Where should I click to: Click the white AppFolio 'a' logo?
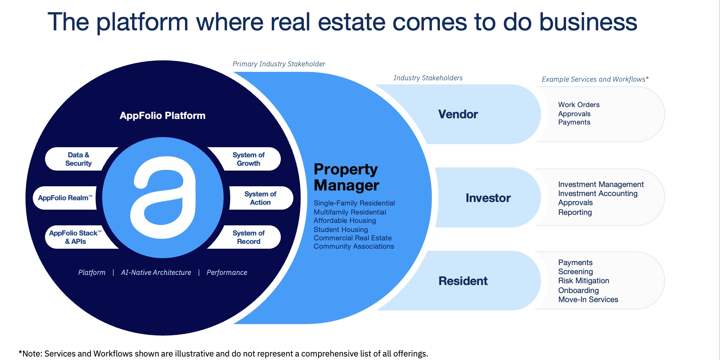(163, 197)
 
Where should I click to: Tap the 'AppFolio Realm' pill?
(65, 198)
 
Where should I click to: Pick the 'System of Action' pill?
(261, 198)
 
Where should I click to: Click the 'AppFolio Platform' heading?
(163, 115)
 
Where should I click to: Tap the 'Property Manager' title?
(346, 177)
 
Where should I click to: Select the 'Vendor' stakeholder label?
(458, 114)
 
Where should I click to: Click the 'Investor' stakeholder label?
(488, 198)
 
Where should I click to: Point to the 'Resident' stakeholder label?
(463, 281)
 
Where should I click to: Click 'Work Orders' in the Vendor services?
(579, 105)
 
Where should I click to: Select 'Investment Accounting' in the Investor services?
(598, 194)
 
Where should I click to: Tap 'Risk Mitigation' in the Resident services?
(584, 281)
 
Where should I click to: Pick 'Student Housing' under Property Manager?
(341, 230)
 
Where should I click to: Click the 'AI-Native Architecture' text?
(156, 272)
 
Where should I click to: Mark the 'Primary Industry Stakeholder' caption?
(279, 64)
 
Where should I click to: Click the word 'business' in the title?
(588, 22)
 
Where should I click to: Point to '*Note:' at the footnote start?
(30, 354)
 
